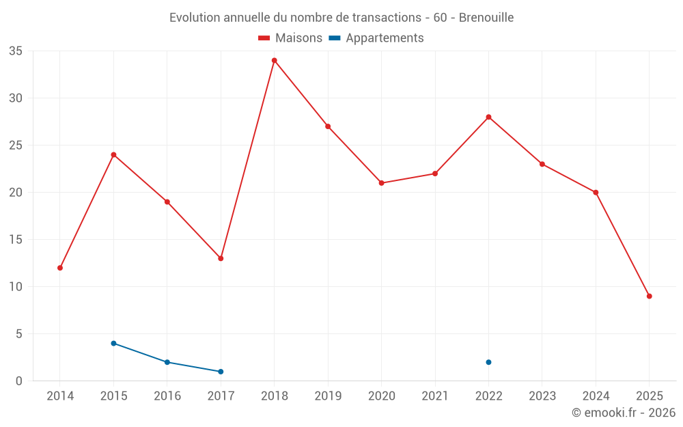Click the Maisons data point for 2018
275,60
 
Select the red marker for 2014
60,268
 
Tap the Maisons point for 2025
650,296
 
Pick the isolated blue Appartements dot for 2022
489,362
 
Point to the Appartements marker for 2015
113,343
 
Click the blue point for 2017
221,372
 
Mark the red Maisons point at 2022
489,117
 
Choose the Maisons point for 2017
221,258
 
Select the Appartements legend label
385,38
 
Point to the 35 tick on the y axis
16,51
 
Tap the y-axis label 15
16,240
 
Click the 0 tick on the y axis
19,381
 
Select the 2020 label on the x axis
382,396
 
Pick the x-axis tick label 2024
596,396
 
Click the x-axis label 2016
167,396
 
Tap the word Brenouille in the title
486,17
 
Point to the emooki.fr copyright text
624,413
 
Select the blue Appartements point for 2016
167,362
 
